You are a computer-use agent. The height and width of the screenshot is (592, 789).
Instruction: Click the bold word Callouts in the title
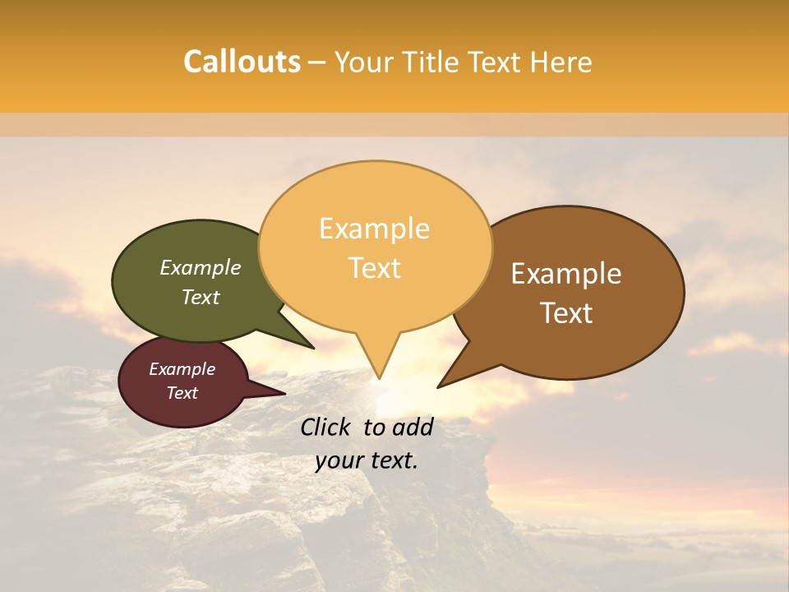(242, 62)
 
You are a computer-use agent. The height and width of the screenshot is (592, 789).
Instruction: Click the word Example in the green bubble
(201, 267)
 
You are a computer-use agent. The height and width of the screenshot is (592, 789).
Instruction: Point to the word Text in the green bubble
(201, 297)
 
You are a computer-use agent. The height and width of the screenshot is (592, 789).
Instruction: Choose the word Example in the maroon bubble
(182, 369)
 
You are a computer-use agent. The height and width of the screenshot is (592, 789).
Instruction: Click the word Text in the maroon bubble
(182, 393)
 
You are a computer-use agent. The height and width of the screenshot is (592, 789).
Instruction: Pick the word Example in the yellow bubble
(375, 229)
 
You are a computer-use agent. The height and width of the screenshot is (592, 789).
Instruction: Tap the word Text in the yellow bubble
(375, 268)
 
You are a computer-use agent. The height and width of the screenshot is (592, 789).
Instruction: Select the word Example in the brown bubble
(566, 274)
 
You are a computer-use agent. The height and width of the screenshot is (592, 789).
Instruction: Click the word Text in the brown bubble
(566, 313)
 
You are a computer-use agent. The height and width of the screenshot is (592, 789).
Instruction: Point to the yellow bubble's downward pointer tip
(380, 378)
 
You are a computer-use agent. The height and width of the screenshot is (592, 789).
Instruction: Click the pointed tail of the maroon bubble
(284, 394)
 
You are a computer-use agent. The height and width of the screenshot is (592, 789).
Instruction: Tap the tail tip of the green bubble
(314, 348)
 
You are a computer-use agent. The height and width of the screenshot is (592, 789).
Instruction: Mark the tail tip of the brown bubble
(438, 386)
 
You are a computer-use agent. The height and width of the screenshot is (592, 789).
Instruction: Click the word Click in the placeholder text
(327, 427)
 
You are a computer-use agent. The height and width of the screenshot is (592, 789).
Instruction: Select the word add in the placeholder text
(413, 427)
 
